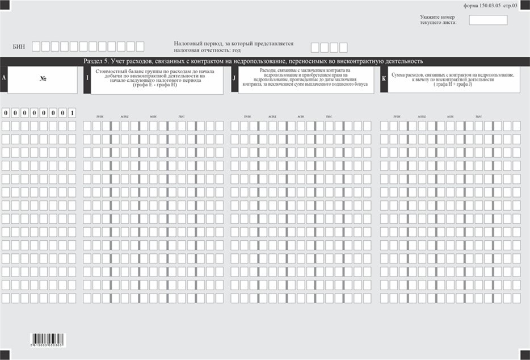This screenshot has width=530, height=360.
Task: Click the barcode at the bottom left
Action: click(48, 340)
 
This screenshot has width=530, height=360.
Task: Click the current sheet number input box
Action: click(488, 20)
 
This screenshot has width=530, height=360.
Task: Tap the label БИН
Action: click(19, 47)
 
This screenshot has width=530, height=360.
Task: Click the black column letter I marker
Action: click(87, 79)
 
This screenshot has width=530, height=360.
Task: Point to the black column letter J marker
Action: click(234, 79)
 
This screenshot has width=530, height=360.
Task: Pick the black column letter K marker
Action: click(384, 79)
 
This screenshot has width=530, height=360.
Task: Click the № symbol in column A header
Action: click(43, 78)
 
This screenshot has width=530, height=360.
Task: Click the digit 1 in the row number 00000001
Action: click(72, 112)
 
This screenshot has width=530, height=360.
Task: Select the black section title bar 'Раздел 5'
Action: click(265, 61)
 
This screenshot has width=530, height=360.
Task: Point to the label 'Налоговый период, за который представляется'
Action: click(234, 43)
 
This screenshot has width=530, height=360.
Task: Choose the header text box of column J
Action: click(306, 80)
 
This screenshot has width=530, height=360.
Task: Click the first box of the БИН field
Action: click(36, 47)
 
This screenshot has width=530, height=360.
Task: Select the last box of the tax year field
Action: click(343, 48)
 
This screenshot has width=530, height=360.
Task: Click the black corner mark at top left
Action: click(5, 4)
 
